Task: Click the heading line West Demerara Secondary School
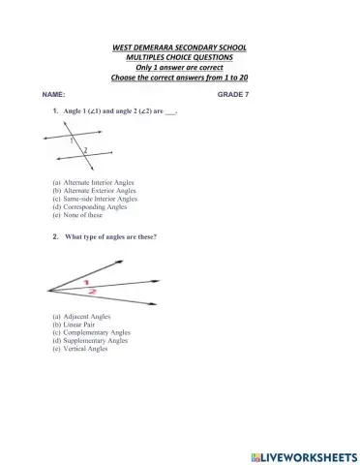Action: click(179, 46)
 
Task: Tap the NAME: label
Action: click(53, 95)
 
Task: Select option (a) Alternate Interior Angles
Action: click(94, 182)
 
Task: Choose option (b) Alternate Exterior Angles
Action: click(94, 191)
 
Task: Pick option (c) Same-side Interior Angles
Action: click(95, 199)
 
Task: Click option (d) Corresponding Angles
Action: click(90, 207)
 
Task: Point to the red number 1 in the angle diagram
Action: click(86, 280)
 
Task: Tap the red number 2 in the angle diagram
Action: click(92, 291)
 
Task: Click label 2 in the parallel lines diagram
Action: click(85, 150)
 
